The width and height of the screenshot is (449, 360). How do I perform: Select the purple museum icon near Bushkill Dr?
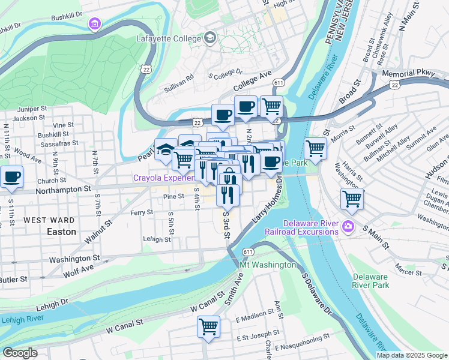94,24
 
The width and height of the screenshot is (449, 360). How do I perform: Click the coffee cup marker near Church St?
11,176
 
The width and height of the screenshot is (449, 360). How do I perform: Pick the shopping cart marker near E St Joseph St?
208,326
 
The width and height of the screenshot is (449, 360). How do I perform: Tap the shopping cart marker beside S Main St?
351,199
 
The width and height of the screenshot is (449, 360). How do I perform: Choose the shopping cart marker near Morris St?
315,147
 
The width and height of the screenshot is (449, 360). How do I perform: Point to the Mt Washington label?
268,265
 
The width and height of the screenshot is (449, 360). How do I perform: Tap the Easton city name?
62,231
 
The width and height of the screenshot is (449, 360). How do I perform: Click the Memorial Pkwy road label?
408,73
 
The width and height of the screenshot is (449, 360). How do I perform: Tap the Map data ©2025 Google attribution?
412,355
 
